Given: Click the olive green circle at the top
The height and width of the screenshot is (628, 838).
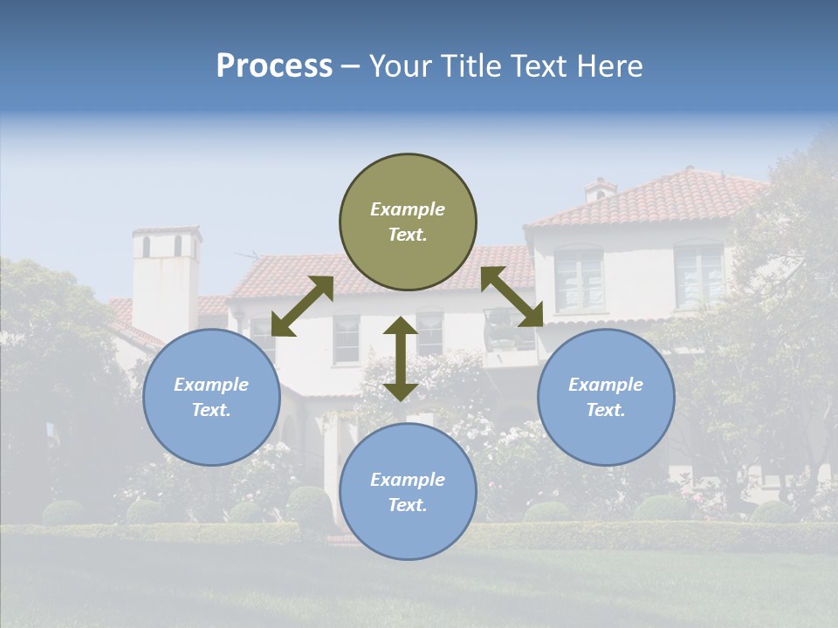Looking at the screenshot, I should tap(408, 222).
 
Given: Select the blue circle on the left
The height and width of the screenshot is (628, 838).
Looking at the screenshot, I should tap(211, 397).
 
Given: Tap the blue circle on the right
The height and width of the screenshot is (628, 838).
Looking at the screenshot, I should tap(606, 397).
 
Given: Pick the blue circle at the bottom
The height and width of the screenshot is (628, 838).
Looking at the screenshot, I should tap(408, 492).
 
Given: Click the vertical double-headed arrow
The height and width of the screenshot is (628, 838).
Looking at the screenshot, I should tap(401, 358).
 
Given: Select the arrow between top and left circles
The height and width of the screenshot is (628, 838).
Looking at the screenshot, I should tap(302, 306).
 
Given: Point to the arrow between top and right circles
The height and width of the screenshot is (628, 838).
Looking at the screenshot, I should tap(512, 297).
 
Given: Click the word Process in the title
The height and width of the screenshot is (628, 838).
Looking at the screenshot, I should tap(274, 65).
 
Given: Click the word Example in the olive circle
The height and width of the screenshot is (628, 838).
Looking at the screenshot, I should tap(408, 209).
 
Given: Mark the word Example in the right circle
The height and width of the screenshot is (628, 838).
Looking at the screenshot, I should tap(606, 385).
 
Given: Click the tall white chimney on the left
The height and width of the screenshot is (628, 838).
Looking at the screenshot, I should tap(166, 279).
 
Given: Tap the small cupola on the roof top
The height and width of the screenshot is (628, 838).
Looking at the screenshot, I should tap(600, 189).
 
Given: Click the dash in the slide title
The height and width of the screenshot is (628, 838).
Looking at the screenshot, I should tap(351, 66).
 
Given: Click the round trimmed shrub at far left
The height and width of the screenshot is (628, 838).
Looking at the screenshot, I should tap(63, 513).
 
